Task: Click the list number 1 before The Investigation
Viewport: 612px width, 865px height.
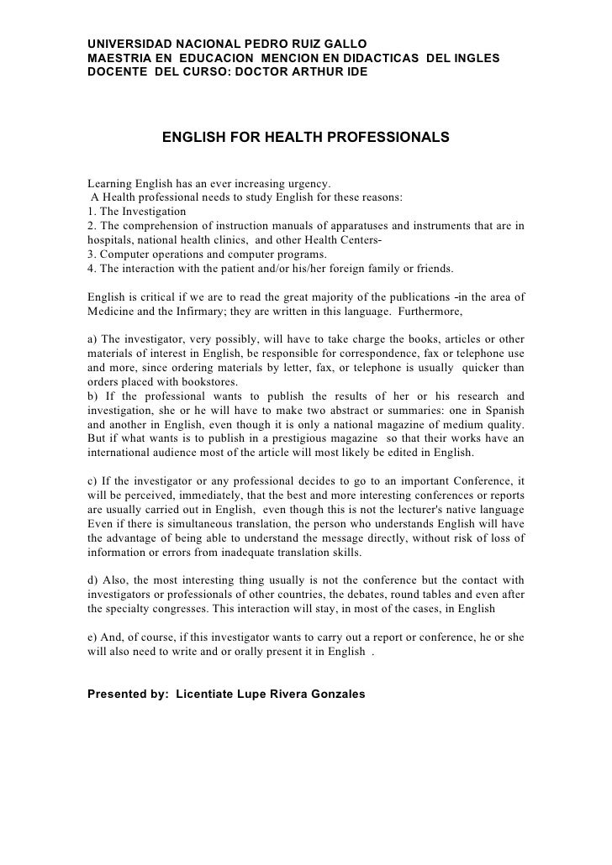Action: pyautogui.click(x=90, y=212)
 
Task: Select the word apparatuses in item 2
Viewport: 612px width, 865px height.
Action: pyautogui.click(x=343, y=226)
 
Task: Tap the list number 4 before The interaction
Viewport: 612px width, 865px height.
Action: pyautogui.click(x=90, y=269)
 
